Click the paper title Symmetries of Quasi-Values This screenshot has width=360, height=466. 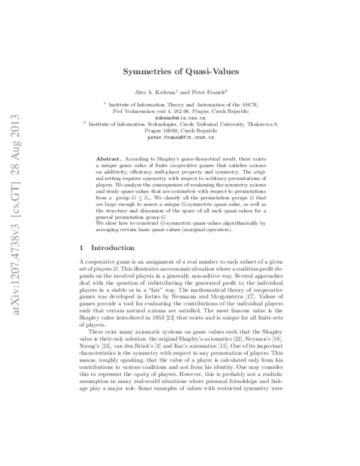click(x=181, y=71)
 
